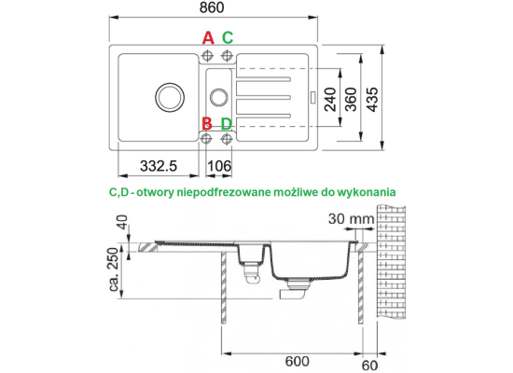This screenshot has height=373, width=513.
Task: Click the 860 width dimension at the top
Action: (x=212, y=7)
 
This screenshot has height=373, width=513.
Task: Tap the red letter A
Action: (x=208, y=38)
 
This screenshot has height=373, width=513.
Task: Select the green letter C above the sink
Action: (x=228, y=38)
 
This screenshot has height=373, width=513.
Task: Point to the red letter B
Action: (x=207, y=124)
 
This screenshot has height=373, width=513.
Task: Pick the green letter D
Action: (x=227, y=124)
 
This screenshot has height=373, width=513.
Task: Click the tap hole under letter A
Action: (x=207, y=56)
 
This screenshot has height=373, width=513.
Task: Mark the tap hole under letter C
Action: (x=227, y=56)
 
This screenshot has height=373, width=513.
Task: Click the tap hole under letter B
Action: (x=206, y=139)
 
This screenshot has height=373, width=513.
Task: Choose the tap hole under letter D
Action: (x=226, y=139)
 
